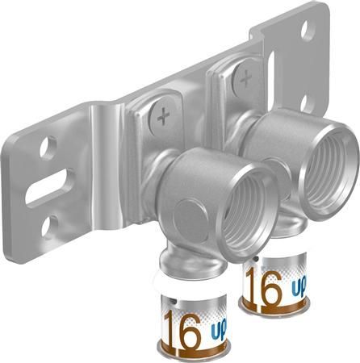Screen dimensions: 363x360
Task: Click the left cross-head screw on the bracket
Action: [x=164, y=118]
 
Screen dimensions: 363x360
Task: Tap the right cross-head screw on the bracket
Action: [x=245, y=78]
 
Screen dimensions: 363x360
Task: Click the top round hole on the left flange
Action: [x=47, y=148]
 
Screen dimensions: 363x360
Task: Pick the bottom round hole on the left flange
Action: [x=48, y=225]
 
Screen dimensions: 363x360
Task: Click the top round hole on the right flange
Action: [x=307, y=31]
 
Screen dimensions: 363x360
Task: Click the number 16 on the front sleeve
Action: [x=182, y=326]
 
